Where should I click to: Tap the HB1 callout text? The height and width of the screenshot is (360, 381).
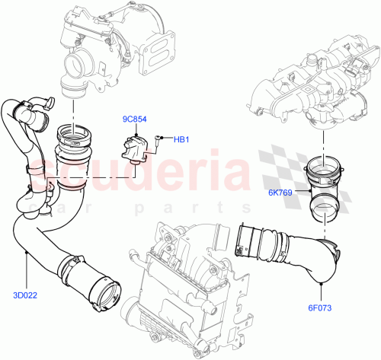[x=181, y=139]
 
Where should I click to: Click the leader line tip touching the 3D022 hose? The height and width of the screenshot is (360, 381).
[x=28, y=251]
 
